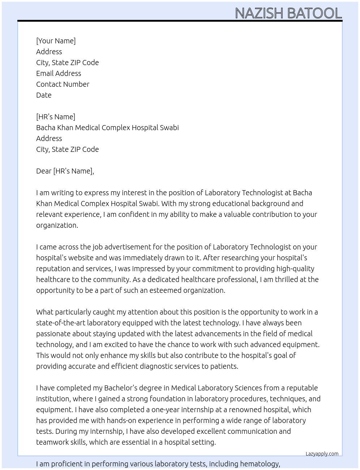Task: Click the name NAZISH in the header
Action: tap(259, 13)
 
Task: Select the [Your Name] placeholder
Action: tap(56, 41)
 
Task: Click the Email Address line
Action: tap(59, 73)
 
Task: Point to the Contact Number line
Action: tap(63, 84)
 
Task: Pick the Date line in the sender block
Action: tap(44, 95)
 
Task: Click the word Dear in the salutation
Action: tap(44, 171)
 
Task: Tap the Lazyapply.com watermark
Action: tap(322, 454)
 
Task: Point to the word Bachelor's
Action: tap(121, 388)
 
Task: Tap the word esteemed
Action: tap(165, 290)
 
